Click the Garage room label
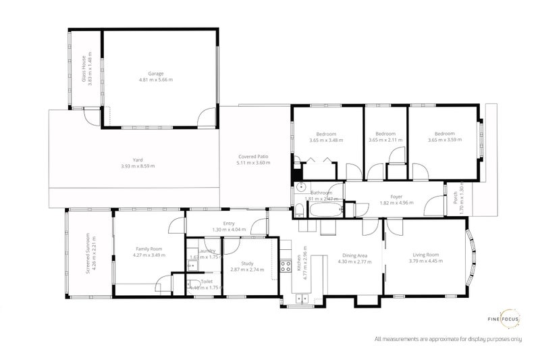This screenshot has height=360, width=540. pyautogui.click(x=156, y=73)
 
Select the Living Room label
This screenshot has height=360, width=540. pyautogui.click(x=426, y=255)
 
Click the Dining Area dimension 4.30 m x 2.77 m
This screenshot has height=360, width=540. pyautogui.click(x=354, y=262)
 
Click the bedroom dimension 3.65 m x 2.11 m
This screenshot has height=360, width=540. pyautogui.click(x=385, y=140)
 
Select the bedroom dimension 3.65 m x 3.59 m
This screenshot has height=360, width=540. pyautogui.click(x=444, y=140)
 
